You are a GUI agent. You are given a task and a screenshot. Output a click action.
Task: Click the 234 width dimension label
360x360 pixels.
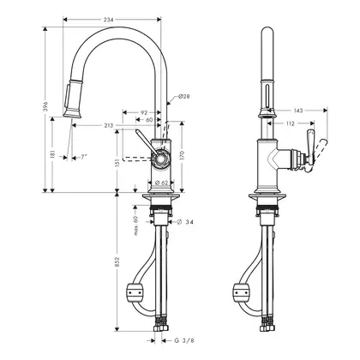(x=108, y=20)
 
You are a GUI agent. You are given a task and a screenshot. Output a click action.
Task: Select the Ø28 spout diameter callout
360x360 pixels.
(x=184, y=96)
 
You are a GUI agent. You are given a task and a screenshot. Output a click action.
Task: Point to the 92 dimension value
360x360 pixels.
(x=144, y=112)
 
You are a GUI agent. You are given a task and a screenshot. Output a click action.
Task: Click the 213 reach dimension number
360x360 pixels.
(x=108, y=125)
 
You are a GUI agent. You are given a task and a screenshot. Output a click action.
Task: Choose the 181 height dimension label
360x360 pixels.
(x=52, y=155)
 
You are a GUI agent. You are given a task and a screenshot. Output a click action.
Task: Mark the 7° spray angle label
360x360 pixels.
(x=83, y=157)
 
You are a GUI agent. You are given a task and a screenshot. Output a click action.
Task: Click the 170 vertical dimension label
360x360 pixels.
(x=183, y=155)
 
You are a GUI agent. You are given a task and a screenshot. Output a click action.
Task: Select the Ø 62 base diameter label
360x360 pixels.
(x=162, y=183)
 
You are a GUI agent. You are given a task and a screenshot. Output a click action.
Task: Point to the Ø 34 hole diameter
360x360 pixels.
(x=185, y=222)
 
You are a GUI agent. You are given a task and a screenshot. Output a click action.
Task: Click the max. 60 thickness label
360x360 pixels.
(x=136, y=225)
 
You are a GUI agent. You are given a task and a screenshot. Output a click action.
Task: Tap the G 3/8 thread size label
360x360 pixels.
(x=184, y=340)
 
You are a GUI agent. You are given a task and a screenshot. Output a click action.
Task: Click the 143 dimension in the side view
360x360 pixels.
(x=297, y=111)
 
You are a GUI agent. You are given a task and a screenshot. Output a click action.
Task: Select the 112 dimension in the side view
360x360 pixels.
(x=290, y=123)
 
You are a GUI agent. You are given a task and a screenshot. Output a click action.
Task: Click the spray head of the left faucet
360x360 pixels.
(x=73, y=99)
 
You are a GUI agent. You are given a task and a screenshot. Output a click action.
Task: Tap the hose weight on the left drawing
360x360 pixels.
(x=135, y=292)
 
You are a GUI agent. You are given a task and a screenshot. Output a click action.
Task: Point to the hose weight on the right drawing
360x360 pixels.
(x=242, y=292)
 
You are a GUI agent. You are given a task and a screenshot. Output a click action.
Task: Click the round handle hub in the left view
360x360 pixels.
(x=161, y=159)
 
